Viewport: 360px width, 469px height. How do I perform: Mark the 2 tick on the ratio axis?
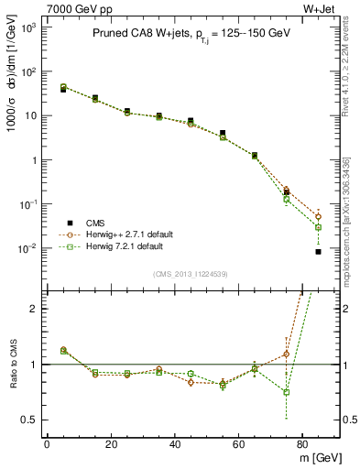[x=35, y=309]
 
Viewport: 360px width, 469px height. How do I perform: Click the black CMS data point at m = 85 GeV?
[x=318, y=251]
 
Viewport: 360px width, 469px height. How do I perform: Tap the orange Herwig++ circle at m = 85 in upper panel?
[x=318, y=216]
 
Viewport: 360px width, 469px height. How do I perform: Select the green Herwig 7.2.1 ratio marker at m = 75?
[x=286, y=392]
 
